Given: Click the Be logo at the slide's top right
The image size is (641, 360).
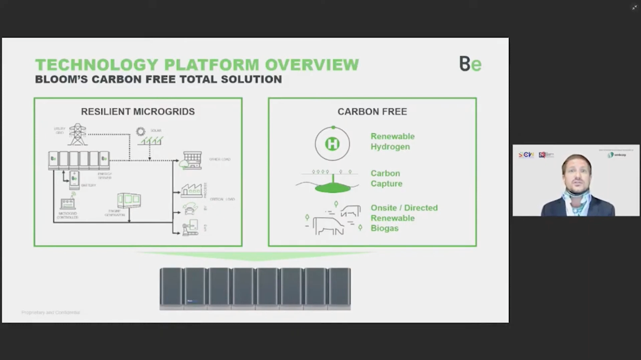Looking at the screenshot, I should point(470,64).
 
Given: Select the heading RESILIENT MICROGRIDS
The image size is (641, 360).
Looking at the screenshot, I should point(138,112).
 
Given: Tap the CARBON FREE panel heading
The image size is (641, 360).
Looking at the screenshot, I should point(372,112).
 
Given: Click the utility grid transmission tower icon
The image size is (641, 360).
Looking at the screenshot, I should point(77,133).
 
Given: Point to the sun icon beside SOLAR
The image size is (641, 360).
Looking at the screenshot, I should point(141,131).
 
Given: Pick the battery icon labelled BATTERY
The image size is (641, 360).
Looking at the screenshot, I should point(74,179).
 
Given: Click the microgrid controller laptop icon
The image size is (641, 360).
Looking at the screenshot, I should point(68,204).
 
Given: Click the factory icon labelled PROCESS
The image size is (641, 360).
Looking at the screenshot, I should point(191,189).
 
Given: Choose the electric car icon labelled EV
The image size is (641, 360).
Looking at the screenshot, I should point(190,207).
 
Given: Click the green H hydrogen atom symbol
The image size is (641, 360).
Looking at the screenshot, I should point(332,144).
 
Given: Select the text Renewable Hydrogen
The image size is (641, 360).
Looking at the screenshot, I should point(392,141).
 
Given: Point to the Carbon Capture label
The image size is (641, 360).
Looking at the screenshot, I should point(386,179).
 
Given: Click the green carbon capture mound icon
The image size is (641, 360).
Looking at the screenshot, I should point(331,187).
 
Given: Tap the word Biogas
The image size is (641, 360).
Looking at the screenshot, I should point(384,229).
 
